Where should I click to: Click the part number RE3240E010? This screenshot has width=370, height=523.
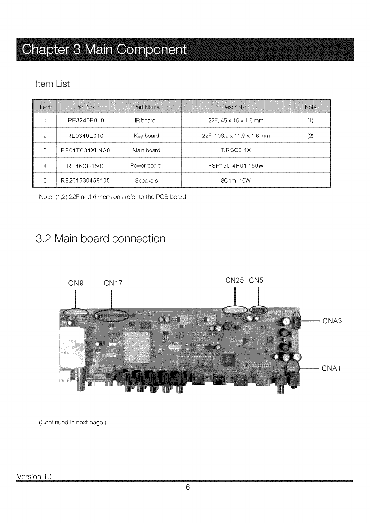pos(86,120)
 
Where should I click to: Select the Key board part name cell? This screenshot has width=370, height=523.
pos(146,136)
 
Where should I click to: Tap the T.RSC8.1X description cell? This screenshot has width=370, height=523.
pos(236,150)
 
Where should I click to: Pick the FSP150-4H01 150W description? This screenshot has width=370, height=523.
pos(236,166)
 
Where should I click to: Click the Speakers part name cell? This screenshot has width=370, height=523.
pos(146,181)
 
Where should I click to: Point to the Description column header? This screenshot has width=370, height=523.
pos(236,107)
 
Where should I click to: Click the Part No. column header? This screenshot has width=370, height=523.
pos(85,107)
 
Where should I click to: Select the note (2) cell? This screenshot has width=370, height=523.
pos(310,136)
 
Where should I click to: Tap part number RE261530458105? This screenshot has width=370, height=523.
pos(86,181)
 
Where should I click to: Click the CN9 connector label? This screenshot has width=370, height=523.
pos(76,283)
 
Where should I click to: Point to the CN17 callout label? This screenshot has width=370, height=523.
pos(113,283)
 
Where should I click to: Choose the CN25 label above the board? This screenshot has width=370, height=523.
pos(235,280)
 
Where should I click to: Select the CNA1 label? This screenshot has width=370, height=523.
pos(331,369)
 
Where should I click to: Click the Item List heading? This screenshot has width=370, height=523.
pos(53,84)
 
